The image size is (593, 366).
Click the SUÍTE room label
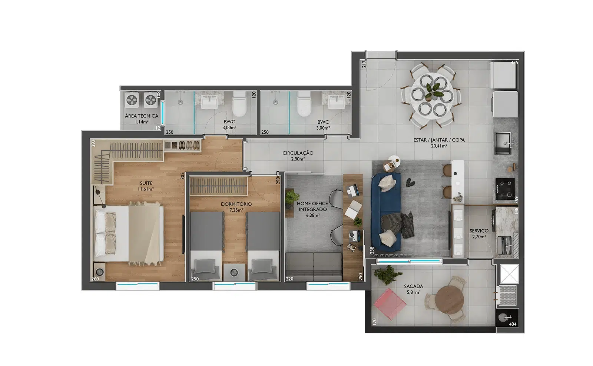click(146, 183)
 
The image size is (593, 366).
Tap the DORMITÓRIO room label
click(236, 204)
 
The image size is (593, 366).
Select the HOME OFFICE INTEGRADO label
click(312, 206)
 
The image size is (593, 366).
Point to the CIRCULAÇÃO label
click(298, 153)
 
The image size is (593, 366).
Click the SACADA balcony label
click(414, 286)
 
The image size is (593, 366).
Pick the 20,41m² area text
click(439, 146)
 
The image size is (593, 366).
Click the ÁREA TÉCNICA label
click(141, 116)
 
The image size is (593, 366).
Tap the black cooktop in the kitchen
click(505, 189)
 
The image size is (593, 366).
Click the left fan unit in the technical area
click(132, 100)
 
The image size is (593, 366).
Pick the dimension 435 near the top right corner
click(514, 63)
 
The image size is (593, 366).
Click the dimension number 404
click(513, 324)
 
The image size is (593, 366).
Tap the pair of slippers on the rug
click(410, 182)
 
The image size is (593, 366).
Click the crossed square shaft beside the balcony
click(509, 274)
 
